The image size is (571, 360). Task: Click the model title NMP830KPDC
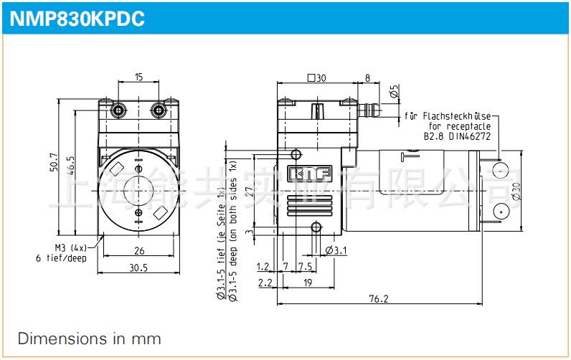(x=77, y=19)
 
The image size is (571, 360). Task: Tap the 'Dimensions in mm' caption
(x=90, y=338)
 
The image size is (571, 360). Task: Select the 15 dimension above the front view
(x=138, y=77)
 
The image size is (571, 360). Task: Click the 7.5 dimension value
(x=304, y=266)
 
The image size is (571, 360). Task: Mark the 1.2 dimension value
(x=263, y=266)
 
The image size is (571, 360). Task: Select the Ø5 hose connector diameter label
(x=393, y=92)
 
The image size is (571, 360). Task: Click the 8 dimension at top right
(x=367, y=77)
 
